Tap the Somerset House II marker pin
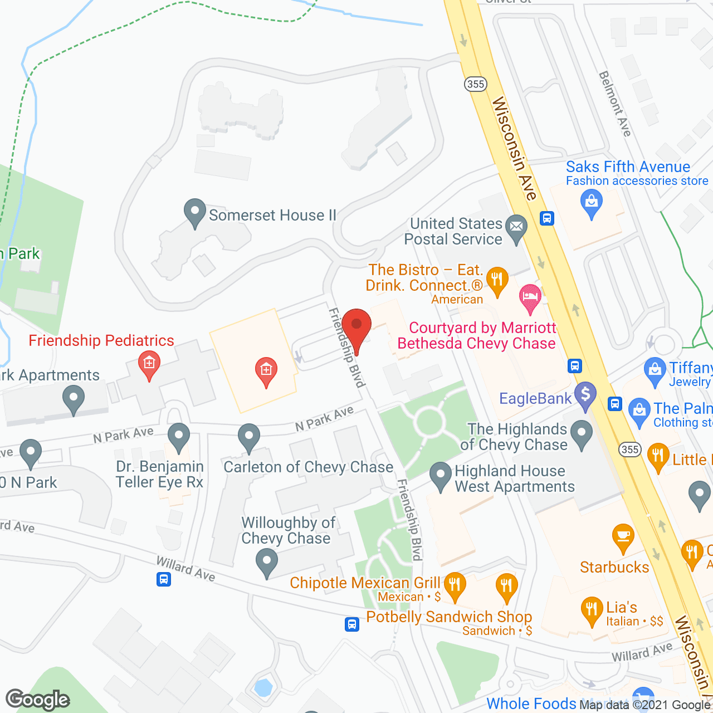195,212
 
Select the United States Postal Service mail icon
516,228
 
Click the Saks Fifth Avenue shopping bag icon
592,202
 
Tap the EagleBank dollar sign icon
585,395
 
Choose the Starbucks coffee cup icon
623,536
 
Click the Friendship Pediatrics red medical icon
149,364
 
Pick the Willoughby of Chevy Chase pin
267,561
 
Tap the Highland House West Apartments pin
441,476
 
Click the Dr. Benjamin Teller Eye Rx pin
179,436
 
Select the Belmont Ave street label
615,104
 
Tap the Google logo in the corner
38,700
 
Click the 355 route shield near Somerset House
475,84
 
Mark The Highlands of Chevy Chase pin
582,433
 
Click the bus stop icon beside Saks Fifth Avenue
547,218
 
